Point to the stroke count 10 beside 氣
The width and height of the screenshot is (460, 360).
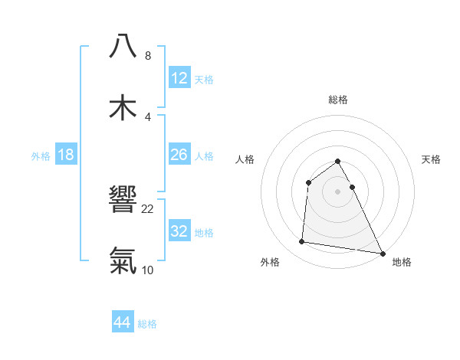[x=148, y=270]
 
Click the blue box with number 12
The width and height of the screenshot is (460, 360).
[x=179, y=78]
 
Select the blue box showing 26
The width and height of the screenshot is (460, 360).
[x=179, y=155]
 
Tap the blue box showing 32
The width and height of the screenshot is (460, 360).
[x=179, y=231]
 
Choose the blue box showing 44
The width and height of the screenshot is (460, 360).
[x=123, y=322]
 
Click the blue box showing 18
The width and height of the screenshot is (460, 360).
[x=66, y=155]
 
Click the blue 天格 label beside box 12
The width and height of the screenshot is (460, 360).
[x=204, y=80]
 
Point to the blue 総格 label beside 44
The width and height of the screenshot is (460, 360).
[x=147, y=324]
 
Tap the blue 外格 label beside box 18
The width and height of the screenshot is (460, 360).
[x=41, y=156]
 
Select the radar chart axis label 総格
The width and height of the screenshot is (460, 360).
[x=338, y=100]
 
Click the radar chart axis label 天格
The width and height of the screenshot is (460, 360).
[x=432, y=159]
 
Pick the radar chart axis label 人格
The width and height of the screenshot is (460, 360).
[x=245, y=159]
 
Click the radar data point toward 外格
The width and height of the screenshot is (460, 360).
[x=302, y=242]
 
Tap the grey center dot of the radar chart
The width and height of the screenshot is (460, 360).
[x=338, y=191]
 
